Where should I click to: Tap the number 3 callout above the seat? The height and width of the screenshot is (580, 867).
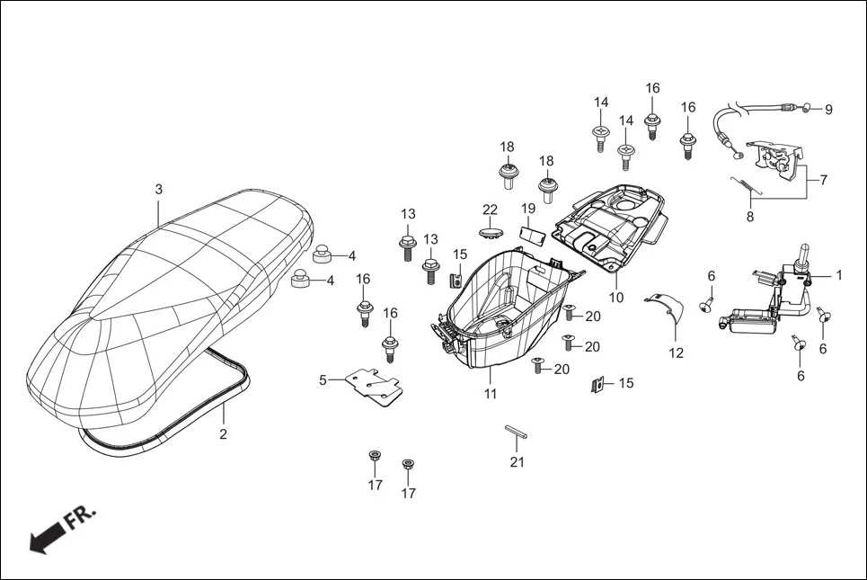coord(159,190)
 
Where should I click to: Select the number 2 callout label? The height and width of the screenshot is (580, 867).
coord(224,434)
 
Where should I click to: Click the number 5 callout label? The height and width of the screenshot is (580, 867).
coord(323,379)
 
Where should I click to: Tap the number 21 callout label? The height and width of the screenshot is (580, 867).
coord(517,462)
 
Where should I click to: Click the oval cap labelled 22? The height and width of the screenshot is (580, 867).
coord(490,232)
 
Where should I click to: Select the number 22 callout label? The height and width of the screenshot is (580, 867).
coord(490,210)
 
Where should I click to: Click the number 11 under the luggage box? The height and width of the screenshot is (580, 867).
coord(491,394)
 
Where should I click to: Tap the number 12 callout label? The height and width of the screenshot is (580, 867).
coord(676,353)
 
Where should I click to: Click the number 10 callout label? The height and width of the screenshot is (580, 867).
coord(616,298)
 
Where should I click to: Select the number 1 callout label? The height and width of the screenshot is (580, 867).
coord(839,275)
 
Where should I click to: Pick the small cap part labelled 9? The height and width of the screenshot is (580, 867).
coord(805,109)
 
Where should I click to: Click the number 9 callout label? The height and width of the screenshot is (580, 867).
coord(828,110)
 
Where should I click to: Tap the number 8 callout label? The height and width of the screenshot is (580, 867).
coord(750,216)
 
